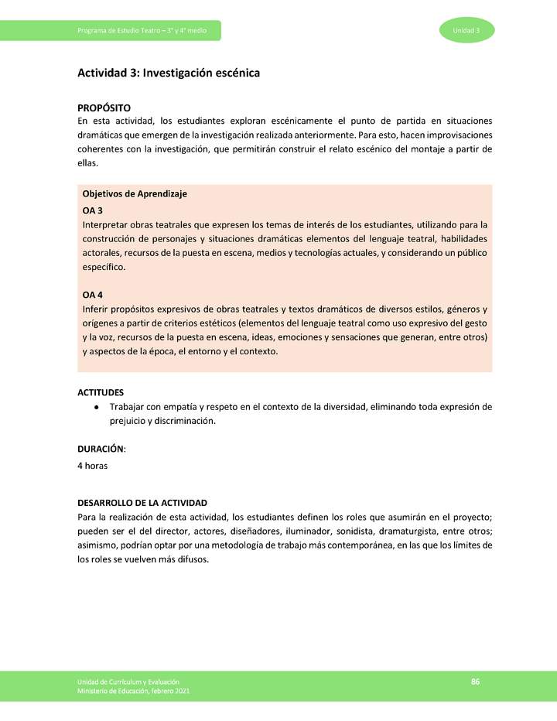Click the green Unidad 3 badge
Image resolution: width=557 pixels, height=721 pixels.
[x=466, y=30]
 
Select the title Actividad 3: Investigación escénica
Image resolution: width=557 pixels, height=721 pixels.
[x=168, y=73]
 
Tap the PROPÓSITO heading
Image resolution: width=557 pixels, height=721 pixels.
[x=104, y=108]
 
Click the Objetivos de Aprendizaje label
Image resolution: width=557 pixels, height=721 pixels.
[x=134, y=193]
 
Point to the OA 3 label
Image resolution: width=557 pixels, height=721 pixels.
[x=92, y=210]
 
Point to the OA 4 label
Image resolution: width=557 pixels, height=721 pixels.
[x=92, y=295]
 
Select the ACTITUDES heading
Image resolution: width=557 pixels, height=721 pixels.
[x=101, y=392]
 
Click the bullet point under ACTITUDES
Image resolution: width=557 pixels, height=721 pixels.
[x=95, y=407]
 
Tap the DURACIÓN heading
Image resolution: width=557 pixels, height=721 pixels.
[x=101, y=448]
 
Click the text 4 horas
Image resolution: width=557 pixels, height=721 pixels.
[x=92, y=466]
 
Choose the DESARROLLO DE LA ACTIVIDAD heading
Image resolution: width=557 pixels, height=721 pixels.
[x=142, y=502]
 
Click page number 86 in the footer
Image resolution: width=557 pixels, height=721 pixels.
[x=475, y=681]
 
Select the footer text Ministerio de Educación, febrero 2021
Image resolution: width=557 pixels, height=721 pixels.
[x=132, y=691]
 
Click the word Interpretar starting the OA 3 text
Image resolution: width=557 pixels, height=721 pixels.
[x=104, y=224]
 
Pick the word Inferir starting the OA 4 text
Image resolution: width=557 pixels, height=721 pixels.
[x=95, y=309]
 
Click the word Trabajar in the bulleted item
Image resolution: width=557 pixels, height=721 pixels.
[x=128, y=407]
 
